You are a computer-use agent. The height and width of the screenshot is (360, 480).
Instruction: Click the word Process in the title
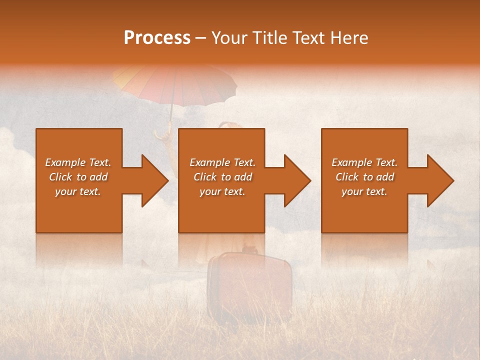click(157, 38)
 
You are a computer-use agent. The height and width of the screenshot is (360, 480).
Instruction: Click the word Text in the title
click(308, 38)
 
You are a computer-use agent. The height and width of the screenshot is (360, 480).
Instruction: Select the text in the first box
click(78, 177)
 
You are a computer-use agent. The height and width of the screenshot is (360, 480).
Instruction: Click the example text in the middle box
click(222, 177)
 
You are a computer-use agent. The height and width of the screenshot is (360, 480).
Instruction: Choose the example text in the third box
click(364, 177)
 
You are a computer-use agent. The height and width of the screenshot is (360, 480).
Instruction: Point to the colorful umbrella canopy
click(175, 82)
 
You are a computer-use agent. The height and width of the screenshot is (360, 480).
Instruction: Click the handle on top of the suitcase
click(249, 248)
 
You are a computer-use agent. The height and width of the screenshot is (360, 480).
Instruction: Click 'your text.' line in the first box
click(78, 191)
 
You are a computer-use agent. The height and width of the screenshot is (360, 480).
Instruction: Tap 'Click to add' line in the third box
click(364, 177)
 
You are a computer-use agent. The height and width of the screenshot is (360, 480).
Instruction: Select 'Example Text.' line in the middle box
click(222, 162)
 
